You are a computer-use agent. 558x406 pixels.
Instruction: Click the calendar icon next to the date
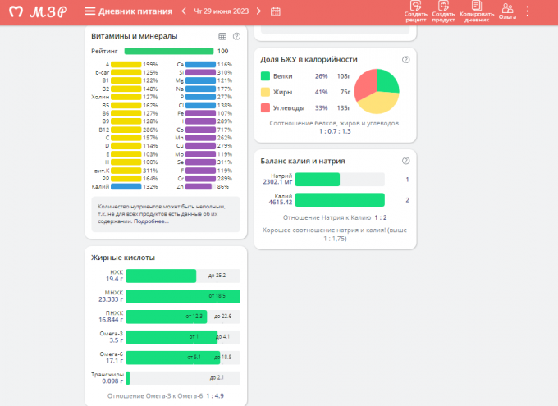[275, 11]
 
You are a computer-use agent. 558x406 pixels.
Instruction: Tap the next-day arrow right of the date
[258, 11]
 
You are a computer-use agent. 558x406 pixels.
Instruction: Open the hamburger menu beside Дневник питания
[89, 11]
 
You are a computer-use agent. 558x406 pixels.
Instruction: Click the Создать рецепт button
[416, 11]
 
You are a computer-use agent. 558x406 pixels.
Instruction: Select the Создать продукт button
[443, 11]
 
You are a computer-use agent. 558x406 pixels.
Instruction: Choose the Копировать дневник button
[476, 11]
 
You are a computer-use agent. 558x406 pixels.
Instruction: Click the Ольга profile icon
[507, 11]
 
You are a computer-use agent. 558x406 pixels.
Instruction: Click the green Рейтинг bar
[167, 51]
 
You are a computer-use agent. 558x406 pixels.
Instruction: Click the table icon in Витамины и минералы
[222, 36]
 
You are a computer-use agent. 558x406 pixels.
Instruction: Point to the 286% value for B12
[150, 130]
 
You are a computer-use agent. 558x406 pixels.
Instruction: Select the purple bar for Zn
[199, 186]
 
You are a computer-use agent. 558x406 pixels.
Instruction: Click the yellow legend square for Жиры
[266, 92]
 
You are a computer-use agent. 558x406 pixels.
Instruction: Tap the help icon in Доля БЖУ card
[405, 60]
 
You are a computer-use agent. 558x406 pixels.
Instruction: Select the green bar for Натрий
[317, 180]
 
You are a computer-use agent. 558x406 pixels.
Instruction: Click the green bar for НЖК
[161, 276]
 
